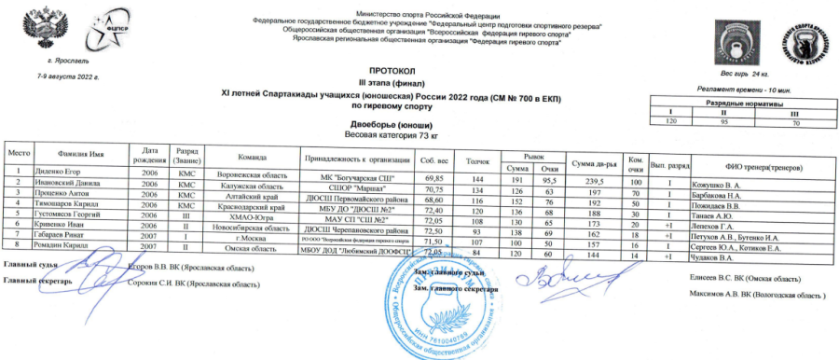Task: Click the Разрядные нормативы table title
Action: tap(744, 103)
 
